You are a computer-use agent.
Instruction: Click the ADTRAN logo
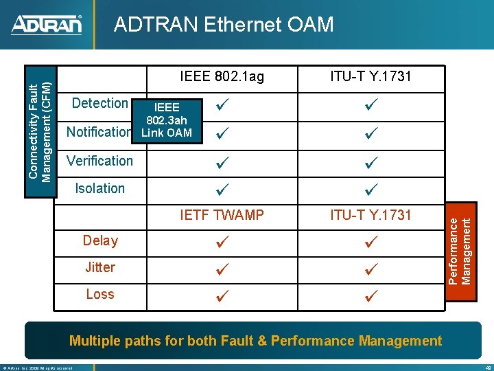coord(47,25)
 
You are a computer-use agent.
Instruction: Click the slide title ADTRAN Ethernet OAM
coord(224,25)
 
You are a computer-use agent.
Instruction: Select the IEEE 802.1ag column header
coord(222,76)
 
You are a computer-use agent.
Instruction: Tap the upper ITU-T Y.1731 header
coord(370,76)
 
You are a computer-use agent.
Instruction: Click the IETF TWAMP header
coord(222,215)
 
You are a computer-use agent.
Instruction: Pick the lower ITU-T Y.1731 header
coord(370,215)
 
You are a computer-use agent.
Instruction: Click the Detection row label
coord(100,103)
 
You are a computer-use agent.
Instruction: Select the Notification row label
coord(99,131)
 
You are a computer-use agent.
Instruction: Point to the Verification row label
coord(99,161)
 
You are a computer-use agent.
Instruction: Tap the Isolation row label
coord(100,188)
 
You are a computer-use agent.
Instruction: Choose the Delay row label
coord(100,240)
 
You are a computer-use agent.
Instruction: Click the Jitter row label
coord(100,267)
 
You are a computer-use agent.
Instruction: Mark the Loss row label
coord(100,294)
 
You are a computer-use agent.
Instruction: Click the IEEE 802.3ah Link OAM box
coord(167,120)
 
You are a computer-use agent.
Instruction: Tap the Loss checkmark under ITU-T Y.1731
coord(371,296)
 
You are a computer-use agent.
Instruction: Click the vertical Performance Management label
coord(460,250)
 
